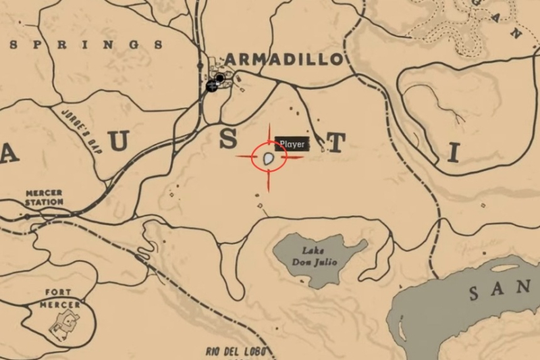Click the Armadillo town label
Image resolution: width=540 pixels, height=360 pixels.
coord(283,59)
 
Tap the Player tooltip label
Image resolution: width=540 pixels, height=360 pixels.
coord(292,144)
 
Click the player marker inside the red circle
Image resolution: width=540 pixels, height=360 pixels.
coord(269,159)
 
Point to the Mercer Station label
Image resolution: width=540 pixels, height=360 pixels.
coord(44,197)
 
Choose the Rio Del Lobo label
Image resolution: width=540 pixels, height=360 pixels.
coord(236,352)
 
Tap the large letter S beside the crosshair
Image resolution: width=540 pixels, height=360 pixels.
coord(229,140)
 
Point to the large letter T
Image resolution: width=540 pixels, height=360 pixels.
coord(337,143)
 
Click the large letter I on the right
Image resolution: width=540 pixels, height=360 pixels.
coord(453,155)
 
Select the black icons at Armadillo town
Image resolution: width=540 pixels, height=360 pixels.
coord(215,83)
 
